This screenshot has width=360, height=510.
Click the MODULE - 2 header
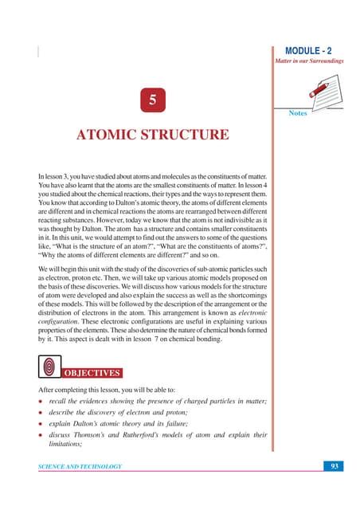pos(315,49)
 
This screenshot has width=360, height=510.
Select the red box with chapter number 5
pos(151,102)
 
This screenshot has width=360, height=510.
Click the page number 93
pos(335,465)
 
